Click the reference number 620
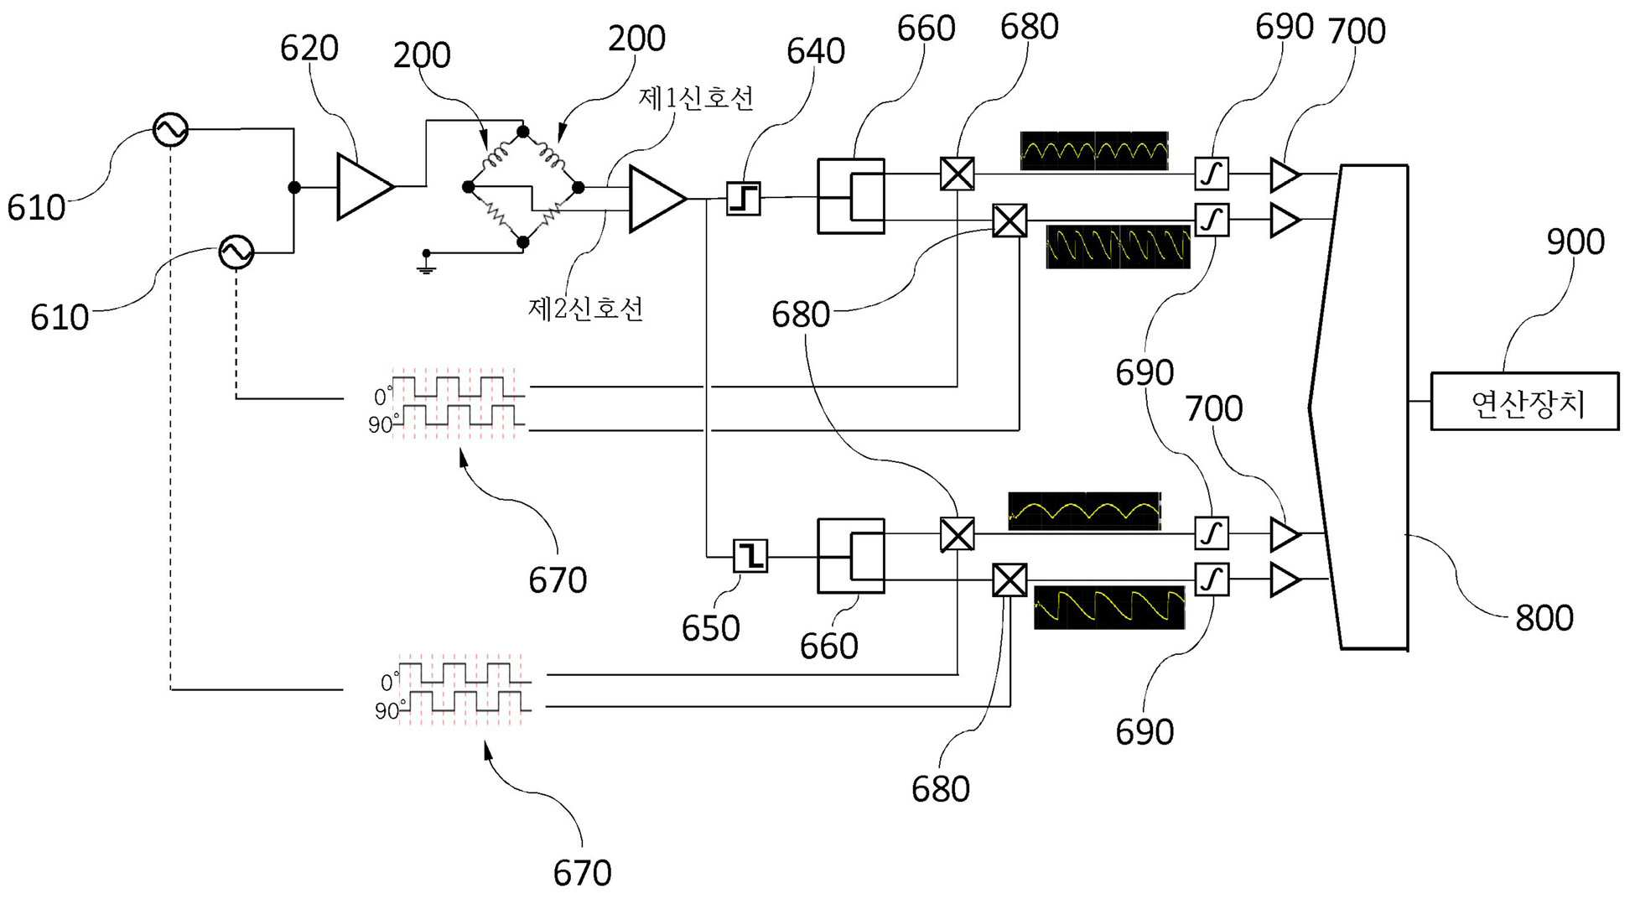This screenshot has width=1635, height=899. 309,49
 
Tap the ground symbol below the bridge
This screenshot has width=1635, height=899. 426,263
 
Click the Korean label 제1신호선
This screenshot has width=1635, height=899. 696,98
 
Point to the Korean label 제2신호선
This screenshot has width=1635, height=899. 585,309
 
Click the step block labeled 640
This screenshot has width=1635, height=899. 743,199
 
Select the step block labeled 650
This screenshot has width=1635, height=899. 750,555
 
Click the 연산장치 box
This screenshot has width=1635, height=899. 1524,402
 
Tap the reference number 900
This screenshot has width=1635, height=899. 1575,242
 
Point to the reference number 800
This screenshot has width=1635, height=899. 1544,618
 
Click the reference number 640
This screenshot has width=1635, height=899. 815,51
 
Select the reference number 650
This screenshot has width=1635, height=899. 710,628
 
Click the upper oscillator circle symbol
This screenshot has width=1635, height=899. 171,130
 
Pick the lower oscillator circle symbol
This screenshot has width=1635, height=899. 236,252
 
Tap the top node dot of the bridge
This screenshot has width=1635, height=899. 523,132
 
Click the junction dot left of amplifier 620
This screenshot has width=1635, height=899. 294,187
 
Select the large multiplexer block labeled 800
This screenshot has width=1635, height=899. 1358,408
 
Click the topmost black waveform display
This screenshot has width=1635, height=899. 1094,151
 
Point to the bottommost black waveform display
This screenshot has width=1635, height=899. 1109,607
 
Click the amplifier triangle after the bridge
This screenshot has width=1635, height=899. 657,199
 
